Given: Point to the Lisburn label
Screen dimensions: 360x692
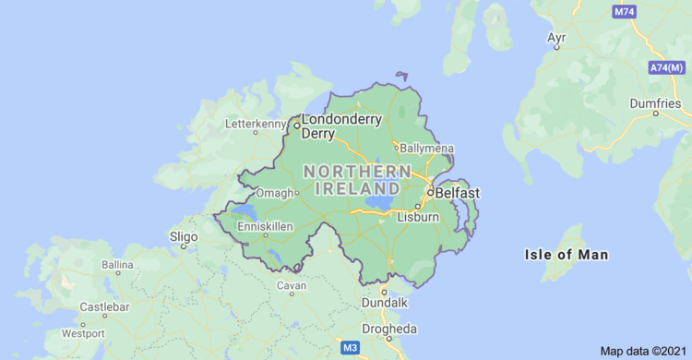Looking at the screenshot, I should tap(417, 218).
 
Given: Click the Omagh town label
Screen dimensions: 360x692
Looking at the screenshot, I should tap(275, 193).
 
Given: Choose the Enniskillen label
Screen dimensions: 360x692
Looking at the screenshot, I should tap(265, 226).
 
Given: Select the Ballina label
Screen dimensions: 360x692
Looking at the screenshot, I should tap(117, 265).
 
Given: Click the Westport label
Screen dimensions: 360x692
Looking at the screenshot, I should tap(83, 333).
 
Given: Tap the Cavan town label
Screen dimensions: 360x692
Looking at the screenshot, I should tap(292, 286).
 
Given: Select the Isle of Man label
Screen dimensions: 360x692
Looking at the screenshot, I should tap(567, 255).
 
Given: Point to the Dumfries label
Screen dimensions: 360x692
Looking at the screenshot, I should tap(655, 103).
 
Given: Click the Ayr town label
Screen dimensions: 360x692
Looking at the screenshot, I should tap(556, 38).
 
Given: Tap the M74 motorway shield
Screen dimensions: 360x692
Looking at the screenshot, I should tap(625, 11).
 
